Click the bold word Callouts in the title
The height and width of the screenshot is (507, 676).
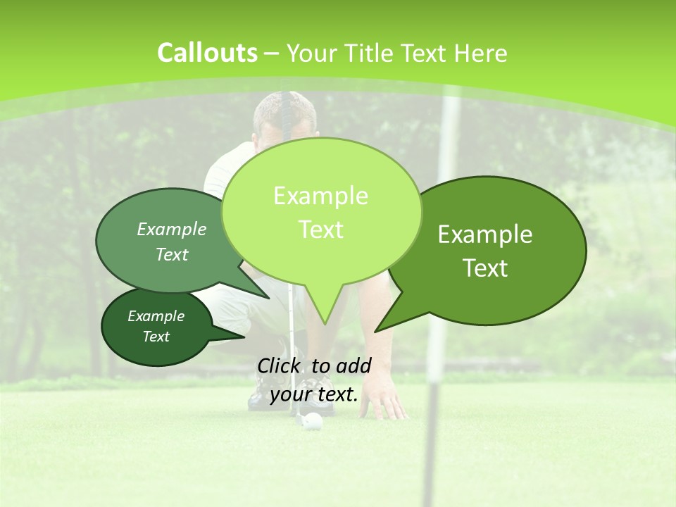tap(207, 53)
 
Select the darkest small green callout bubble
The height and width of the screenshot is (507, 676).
tap(157, 327)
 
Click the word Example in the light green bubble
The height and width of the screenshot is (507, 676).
tap(320, 196)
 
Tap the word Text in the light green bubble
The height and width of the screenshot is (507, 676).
tap(320, 230)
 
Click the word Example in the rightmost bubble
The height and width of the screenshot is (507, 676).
tap(485, 234)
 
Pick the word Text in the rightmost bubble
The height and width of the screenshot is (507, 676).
tap(485, 268)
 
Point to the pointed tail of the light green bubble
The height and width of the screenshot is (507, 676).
tap(325, 320)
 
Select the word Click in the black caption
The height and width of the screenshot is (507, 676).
tap(279, 365)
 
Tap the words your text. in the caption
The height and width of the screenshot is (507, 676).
tap(314, 394)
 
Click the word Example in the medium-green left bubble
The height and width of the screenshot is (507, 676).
tap(172, 230)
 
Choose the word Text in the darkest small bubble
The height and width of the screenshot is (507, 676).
tap(156, 337)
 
